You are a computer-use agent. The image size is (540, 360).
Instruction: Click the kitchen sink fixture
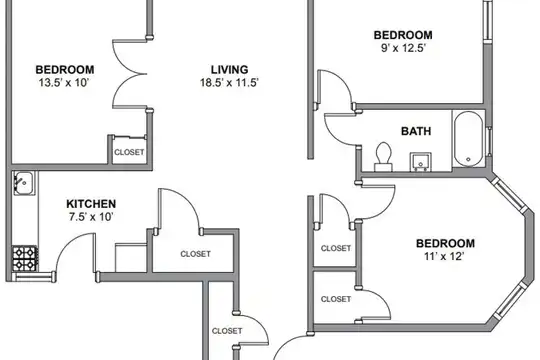coord(24,183)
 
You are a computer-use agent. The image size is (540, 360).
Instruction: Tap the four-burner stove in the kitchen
coord(25,258)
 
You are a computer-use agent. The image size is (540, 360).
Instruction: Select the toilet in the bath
coord(383,157)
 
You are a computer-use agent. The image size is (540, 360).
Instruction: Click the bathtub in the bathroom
coord(468,139)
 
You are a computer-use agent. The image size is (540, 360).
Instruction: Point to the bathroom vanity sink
coord(420,162)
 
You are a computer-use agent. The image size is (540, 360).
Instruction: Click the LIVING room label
coord(229,70)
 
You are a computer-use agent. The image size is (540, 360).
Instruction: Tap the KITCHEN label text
coord(91,204)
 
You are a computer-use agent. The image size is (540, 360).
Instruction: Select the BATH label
coord(416,131)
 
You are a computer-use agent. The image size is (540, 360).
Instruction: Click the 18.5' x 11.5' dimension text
coord(229,83)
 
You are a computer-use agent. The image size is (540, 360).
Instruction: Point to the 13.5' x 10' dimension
coord(64,83)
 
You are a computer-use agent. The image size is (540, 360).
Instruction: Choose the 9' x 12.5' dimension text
coord(403,48)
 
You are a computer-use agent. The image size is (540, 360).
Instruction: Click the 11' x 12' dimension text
coord(445,256)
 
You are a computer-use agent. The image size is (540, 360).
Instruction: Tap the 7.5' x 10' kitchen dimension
coord(91,217)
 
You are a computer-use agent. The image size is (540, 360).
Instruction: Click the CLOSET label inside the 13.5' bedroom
coord(129,152)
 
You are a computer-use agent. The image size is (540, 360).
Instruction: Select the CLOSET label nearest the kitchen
coord(195,254)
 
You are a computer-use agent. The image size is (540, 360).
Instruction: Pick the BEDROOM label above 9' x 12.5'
coord(403,35)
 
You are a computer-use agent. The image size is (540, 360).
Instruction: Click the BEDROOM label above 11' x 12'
coord(445,244)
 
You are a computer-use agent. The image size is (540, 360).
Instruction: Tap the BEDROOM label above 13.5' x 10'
coord(65,70)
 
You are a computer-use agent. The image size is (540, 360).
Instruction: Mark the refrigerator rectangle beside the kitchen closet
coord(131,258)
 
